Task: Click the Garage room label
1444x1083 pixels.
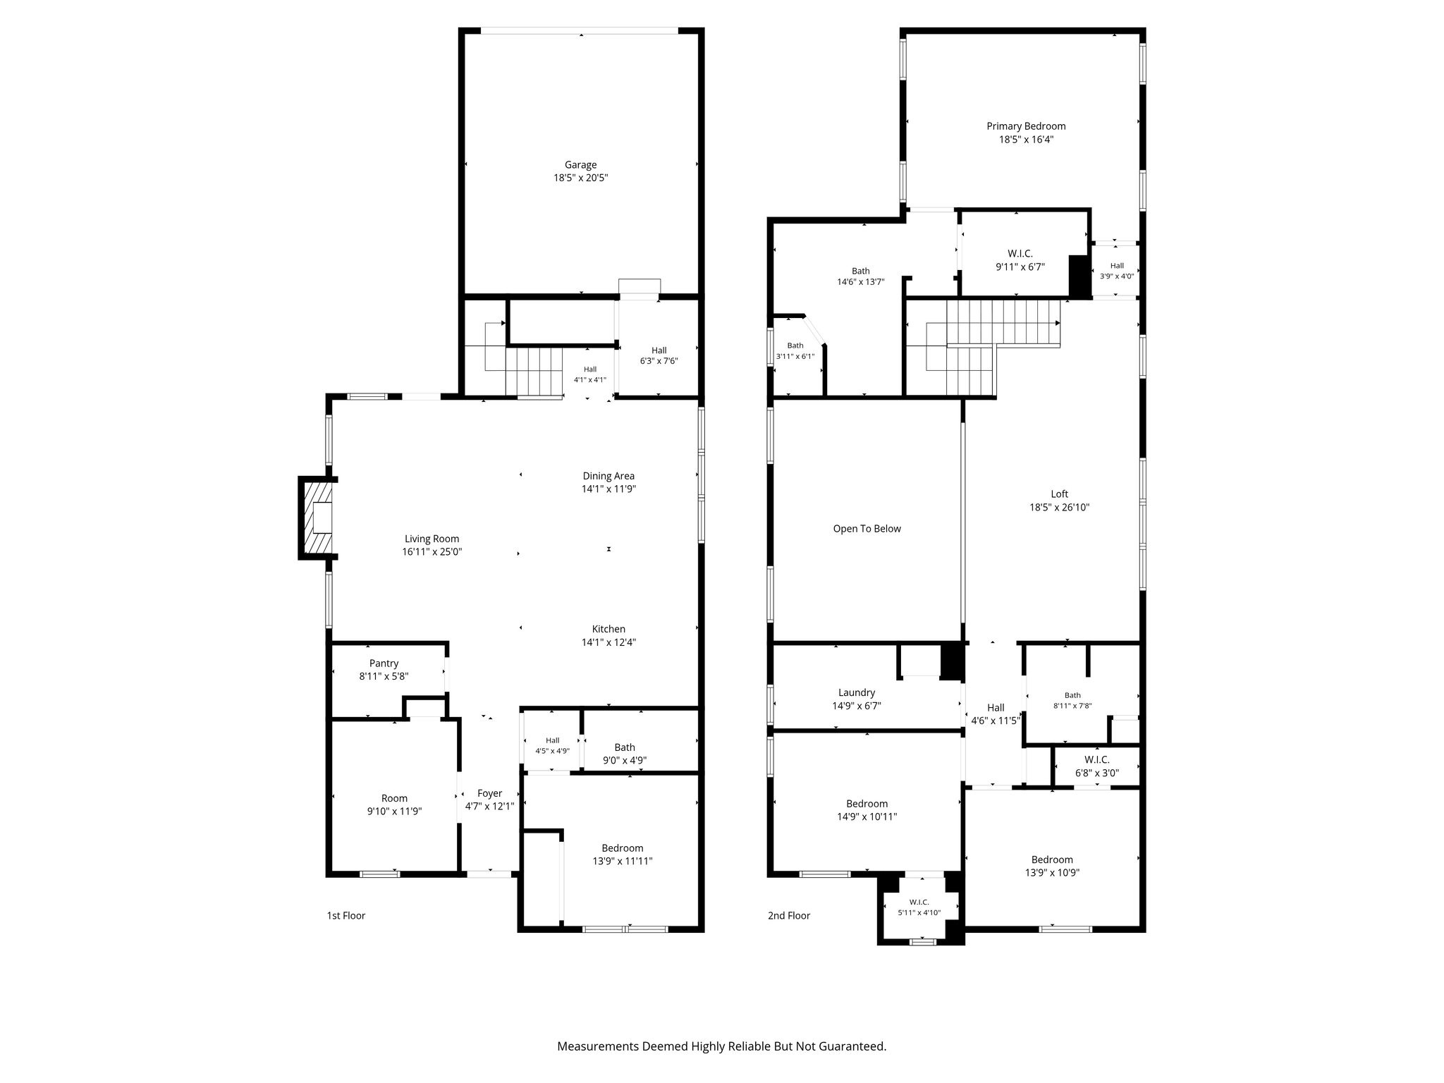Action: click(580, 165)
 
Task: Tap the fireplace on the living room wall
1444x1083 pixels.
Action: click(317, 518)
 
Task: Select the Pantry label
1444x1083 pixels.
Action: click(384, 663)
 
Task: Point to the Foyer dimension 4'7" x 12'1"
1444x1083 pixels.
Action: click(489, 807)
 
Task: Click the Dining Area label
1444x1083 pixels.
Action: click(608, 476)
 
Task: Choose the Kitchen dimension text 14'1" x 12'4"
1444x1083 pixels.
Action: click(608, 642)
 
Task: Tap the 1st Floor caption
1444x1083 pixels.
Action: click(345, 916)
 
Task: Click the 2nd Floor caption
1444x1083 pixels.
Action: click(789, 916)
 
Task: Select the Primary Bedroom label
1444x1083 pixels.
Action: click(1026, 126)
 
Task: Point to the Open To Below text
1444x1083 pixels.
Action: click(867, 529)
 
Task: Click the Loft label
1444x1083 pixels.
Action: click(1059, 494)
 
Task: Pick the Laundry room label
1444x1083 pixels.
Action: click(857, 693)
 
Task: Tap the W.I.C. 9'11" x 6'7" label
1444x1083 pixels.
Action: click(1020, 260)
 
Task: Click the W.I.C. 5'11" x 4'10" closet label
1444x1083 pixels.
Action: click(919, 907)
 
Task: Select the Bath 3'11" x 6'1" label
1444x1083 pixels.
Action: click(795, 350)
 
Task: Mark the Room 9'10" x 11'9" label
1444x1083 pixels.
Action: click(394, 805)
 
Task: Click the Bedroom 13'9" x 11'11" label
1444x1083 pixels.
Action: click(623, 855)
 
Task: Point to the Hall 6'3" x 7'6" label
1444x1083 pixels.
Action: click(659, 355)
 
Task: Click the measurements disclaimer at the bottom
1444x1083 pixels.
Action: click(721, 1046)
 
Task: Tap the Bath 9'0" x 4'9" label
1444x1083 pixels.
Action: click(625, 754)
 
